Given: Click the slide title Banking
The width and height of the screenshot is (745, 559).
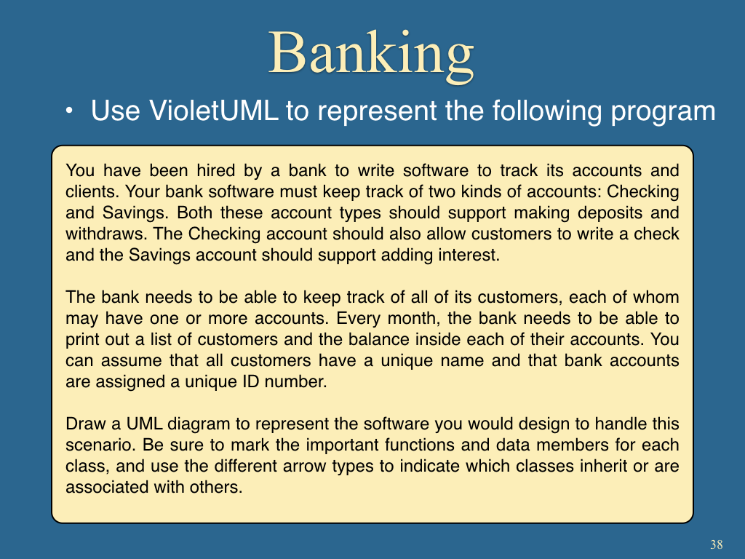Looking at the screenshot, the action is click(x=371, y=54).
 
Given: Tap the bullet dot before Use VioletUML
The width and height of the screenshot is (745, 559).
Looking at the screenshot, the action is click(x=69, y=111).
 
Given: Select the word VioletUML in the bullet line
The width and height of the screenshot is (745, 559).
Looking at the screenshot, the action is click(x=213, y=111).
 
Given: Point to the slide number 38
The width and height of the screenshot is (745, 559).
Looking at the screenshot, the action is click(x=717, y=544).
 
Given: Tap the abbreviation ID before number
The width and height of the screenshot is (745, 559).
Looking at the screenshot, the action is click(x=251, y=381).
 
